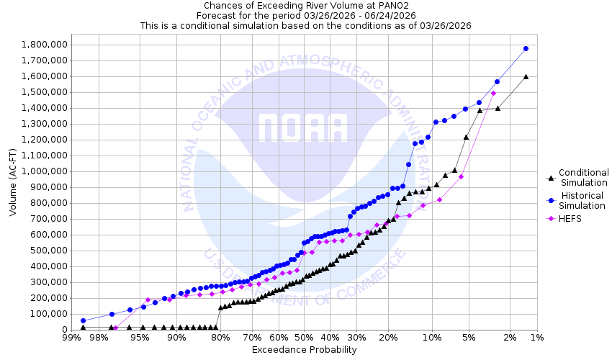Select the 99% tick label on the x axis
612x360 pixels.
click(x=71, y=338)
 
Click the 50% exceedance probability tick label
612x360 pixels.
click(x=304, y=338)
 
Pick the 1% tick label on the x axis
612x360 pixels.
click(x=536, y=338)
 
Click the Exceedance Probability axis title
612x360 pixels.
click(x=304, y=350)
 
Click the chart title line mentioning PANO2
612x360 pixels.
click(x=305, y=6)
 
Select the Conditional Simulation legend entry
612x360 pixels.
click(x=583, y=177)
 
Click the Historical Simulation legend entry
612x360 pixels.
click(x=583, y=201)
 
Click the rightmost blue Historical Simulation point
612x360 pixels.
click(x=526, y=49)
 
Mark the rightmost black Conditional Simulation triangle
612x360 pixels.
click(x=526, y=76)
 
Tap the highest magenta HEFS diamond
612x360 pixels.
click(x=493, y=93)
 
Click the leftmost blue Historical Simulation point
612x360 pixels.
click(x=84, y=320)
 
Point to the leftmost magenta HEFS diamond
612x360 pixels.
click(x=115, y=328)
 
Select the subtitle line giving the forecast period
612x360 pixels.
click(x=305, y=15)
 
